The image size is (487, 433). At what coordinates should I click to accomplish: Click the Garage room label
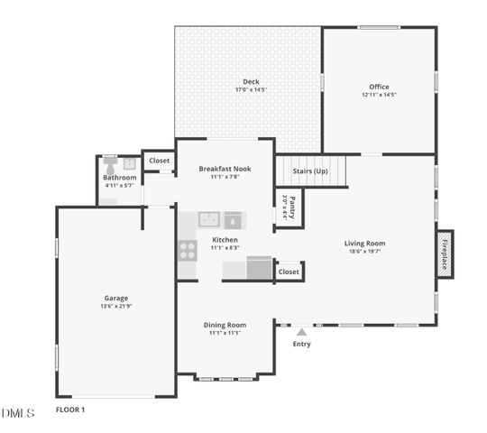pyautogui.click(x=115, y=298)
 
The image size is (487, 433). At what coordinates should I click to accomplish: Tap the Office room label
pyautogui.click(x=379, y=87)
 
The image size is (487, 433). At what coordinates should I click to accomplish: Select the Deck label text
pyautogui.click(x=251, y=82)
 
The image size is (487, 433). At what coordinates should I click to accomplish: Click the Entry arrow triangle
pyautogui.click(x=301, y=332)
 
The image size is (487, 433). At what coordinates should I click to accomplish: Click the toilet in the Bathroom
pyautogui.click(x=110, y=164)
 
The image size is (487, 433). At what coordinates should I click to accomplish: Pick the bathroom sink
pyautogui.click(x=129, y=163)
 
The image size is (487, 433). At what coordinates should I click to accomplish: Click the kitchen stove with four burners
pyautogui.click(x=188, y=251)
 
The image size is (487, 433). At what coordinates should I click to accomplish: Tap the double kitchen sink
pyautogui.click(x=209, y=218)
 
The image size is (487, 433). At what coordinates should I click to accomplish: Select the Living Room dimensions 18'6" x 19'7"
pyautogui.click(x=364, y=252)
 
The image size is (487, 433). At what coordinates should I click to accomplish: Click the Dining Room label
pyautogui.click(x=225, y=325)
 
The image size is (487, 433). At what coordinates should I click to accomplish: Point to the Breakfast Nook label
pyautogui.click(x=225, y=169)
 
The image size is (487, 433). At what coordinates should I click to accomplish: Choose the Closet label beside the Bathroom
pyautogui.click(x=160, y=161)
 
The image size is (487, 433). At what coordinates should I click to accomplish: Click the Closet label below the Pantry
pyautogui.click(x=289, y=272)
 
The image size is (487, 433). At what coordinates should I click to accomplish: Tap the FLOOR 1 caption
pyautogui.click(x=70, y=410)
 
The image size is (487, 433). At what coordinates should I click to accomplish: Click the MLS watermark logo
pyautogui.click(x=17, y=413)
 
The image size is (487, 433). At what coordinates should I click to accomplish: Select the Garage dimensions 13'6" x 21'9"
pyautogui.click(x=115, y=307)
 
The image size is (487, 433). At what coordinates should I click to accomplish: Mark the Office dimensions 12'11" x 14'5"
pyautogui.click(x=379, y=95)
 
